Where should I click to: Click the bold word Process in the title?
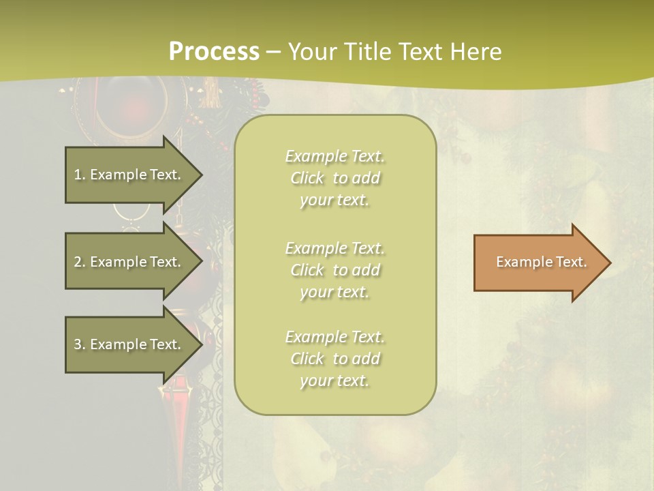point(214,52)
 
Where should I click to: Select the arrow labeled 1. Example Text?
point(129,175)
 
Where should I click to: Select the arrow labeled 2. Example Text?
point(129,262)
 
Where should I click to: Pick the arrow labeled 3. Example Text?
point(129,344)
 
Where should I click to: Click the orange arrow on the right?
point(538,263)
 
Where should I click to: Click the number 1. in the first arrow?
point(80,175)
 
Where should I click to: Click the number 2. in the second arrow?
point(80,262)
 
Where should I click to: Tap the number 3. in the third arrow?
point(80,344)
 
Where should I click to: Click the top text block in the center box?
point(335,178)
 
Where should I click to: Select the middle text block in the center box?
point(335,269)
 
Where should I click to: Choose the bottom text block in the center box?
point(335,359)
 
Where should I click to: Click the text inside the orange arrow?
point(541,262)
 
